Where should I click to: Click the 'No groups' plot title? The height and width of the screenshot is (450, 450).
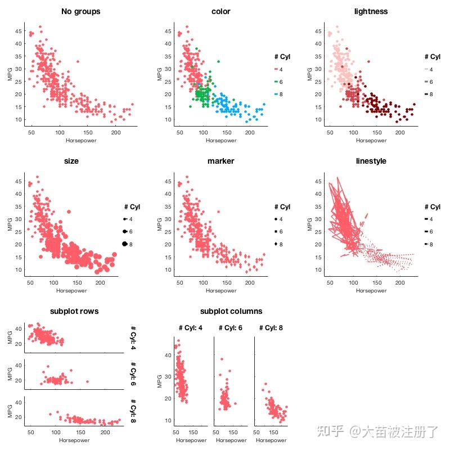(x=80, y=11)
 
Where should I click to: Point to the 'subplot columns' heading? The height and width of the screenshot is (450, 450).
(x=231, y=311)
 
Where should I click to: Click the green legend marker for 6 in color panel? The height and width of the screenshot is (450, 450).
(x=277, y=82)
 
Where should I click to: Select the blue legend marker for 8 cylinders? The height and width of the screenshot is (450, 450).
(x=277, y=94)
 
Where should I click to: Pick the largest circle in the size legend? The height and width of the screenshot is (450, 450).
(x=124, y=244)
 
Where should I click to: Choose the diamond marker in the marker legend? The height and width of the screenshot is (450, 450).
(x=277, y=244)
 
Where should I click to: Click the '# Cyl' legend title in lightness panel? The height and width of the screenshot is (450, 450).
(x=432, y=57)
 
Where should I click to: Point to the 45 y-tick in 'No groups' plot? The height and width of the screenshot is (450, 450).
(x=19, y=31)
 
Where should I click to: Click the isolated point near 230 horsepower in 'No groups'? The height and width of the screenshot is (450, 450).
(x=132, y=104)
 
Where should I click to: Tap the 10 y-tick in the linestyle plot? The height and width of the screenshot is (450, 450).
(x=318, y=269)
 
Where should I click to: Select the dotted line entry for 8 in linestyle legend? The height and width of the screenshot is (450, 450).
(x=427, y=244)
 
